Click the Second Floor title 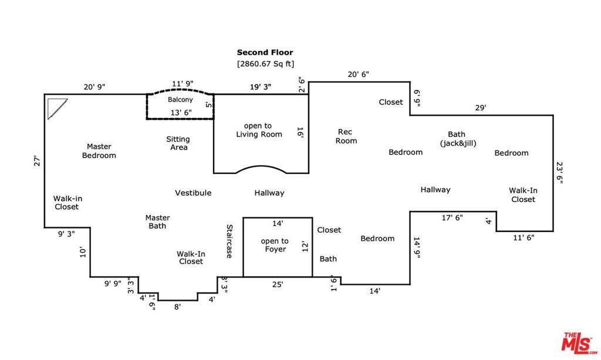pyautogui.click(x=265, y=52)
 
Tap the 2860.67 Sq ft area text pyautogui.click(x=265, y=63)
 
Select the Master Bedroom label pyautogui.click(x=99, y=151)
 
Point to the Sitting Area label pyautogui.click(x=178, y=143)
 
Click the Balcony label pyautogui.click(x=180, y=100)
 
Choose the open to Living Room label pyautogui.click(x=259, y=130)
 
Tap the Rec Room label pyautogui.click(x=346, y=136)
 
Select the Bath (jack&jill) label pyautogui.click(x=457, y=139)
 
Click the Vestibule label pyautogui.click(x=193, y=193)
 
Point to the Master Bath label pyautogui.click(x=157, y=221)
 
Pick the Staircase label pyautogui.click(x=230, y=241)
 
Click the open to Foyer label pyautogui.click(x=275, y=245)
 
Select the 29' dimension pyautogui.click(x=481, y=108)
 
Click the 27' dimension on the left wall pyautogui.click(x=37, y=161)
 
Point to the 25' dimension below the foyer pyautogui.click(x=278, y=284)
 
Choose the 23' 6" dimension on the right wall pyautogui.click(x=559, y=173)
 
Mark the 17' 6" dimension pyautogui.click(x=452, y=217)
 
